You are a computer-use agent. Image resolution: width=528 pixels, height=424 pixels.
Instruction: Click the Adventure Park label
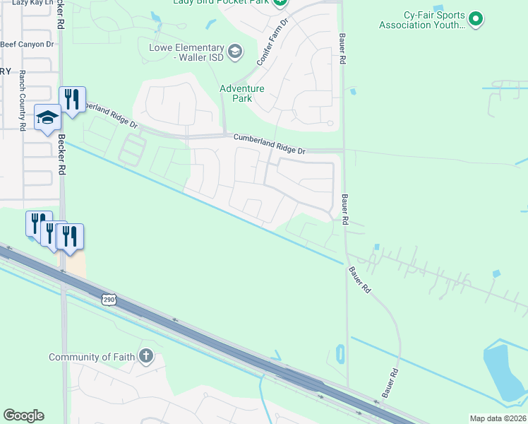[241, 93]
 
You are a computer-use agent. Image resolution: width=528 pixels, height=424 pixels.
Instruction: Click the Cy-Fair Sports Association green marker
[476, 19]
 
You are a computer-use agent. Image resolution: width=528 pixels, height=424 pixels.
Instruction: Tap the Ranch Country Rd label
[23, 100]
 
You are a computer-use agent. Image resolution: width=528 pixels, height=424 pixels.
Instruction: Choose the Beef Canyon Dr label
[27, 44]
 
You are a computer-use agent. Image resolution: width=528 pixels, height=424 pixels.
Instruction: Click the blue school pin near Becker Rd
[47, 117]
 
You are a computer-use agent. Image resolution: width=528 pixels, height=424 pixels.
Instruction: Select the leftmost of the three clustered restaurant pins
[38, 223]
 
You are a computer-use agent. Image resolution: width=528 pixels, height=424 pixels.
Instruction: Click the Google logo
[23, 416]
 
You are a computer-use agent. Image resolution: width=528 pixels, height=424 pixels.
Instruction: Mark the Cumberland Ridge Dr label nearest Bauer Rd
[270, 146]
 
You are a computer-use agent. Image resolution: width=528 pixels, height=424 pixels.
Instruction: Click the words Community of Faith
[92, 357]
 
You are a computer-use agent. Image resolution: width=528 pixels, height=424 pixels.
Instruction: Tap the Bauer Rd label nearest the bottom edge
[390, 382]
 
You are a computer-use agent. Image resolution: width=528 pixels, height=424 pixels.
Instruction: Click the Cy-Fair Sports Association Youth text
[422, 20]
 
